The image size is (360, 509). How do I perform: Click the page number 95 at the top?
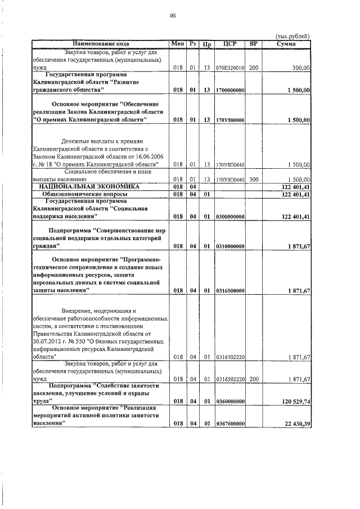coord(173,16)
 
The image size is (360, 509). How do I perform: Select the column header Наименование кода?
coord(101,43)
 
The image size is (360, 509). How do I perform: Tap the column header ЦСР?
coord(229,43)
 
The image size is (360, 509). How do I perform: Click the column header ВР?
coord(253,43)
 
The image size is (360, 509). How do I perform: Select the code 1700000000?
coord(229,89)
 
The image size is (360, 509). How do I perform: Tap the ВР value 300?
coord(253,179)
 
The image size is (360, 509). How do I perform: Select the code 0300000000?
coord(229,216)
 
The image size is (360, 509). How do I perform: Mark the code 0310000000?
coord(229,246)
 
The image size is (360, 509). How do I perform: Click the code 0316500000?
coord(229,290)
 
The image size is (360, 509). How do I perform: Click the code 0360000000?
coord(229,401)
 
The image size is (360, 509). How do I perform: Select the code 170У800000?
coord(229,119)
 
